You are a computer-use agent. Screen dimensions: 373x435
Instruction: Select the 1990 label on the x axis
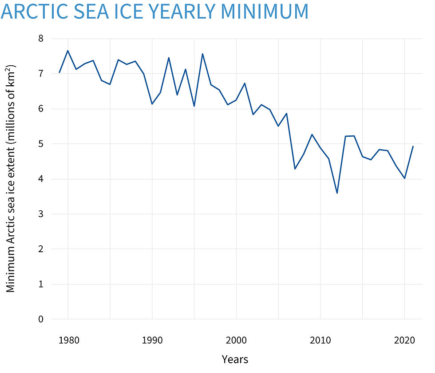click(152, 341)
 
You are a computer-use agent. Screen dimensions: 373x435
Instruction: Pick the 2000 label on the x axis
click(236, 341)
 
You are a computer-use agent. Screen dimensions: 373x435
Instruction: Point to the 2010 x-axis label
click(320, 341)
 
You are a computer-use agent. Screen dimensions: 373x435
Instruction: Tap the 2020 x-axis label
click(404, 341)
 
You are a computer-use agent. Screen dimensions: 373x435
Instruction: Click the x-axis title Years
click(235, 359)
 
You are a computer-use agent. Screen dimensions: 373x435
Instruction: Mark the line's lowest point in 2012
click(337, 193)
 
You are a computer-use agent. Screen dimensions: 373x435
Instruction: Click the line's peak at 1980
click(68, 51)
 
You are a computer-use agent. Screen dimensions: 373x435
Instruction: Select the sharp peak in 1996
click(202, 54)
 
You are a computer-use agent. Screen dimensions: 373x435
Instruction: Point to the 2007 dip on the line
click(295, 169)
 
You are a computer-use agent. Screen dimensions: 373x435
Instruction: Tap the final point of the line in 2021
click(413, 147)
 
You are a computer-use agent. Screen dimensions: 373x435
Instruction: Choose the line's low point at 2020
click(404, 178)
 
